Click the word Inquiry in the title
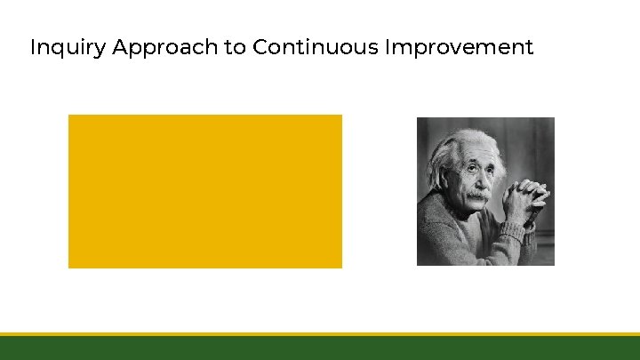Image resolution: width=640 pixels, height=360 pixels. (68, 47)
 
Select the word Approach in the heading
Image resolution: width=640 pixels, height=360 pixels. (166, 47)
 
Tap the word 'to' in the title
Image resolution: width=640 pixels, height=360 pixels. (235, 47)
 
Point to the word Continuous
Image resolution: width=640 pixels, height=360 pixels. (315, 47)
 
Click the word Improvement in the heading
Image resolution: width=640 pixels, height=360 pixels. (459, 47)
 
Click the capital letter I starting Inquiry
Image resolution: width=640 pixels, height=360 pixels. (33, 47)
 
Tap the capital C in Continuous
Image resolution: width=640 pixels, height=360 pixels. (260, 47)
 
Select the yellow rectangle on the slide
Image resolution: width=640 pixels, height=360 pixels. (204, 191)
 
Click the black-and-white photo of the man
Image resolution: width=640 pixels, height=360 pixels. (485, 191)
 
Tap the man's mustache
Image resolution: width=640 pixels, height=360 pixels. (478, 193)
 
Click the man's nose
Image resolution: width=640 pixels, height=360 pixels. (477, 182)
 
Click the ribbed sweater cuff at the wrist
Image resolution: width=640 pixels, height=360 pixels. (513, 233)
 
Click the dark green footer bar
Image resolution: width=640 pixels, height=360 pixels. (320, 348)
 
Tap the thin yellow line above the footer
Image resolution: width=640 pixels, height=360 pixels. (320, 334)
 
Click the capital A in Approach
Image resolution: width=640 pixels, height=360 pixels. (120, 47)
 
